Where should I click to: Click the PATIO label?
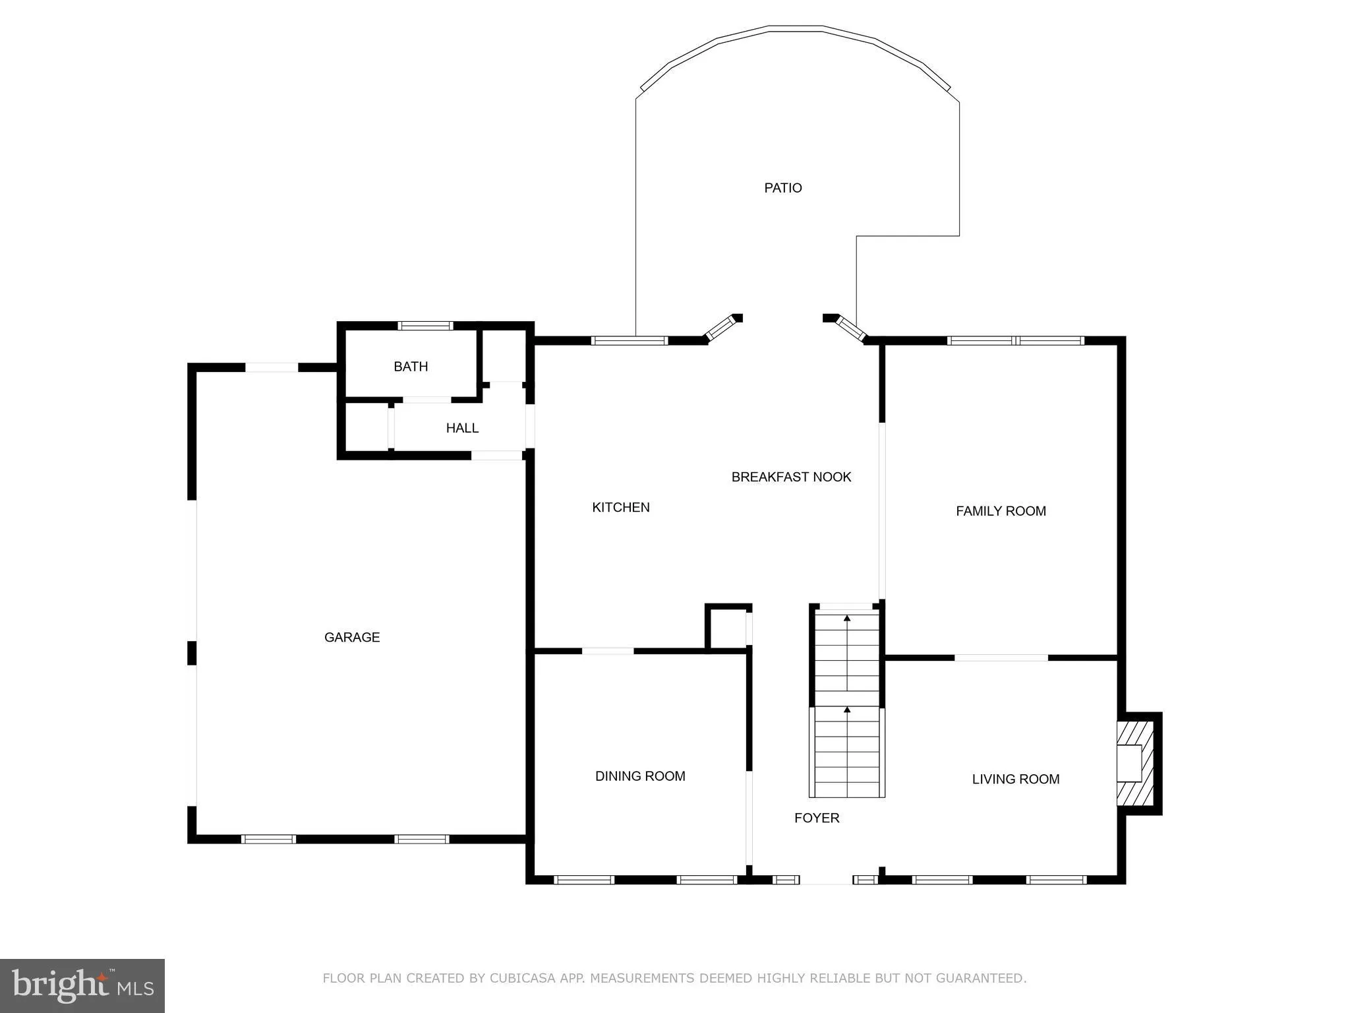(782, 188)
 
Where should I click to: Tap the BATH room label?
(411, 367)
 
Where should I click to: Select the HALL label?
(462, 428)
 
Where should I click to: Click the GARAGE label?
(352, 637)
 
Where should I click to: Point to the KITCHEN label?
(621, 507)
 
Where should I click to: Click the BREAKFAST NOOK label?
(791, 477)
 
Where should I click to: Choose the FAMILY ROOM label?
(1001, 511)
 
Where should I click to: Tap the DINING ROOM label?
(640, 776)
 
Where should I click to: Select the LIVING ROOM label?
(1015, 779)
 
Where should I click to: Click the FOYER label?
(817, 818)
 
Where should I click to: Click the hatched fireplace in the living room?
(1135, 763)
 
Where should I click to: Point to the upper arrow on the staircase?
(847, 619)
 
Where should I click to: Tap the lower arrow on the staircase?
(847, 710)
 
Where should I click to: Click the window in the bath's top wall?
(425, 325)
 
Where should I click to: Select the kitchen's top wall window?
(629, 341)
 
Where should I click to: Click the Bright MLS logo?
(82, 985)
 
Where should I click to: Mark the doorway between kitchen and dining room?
(608, 652)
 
